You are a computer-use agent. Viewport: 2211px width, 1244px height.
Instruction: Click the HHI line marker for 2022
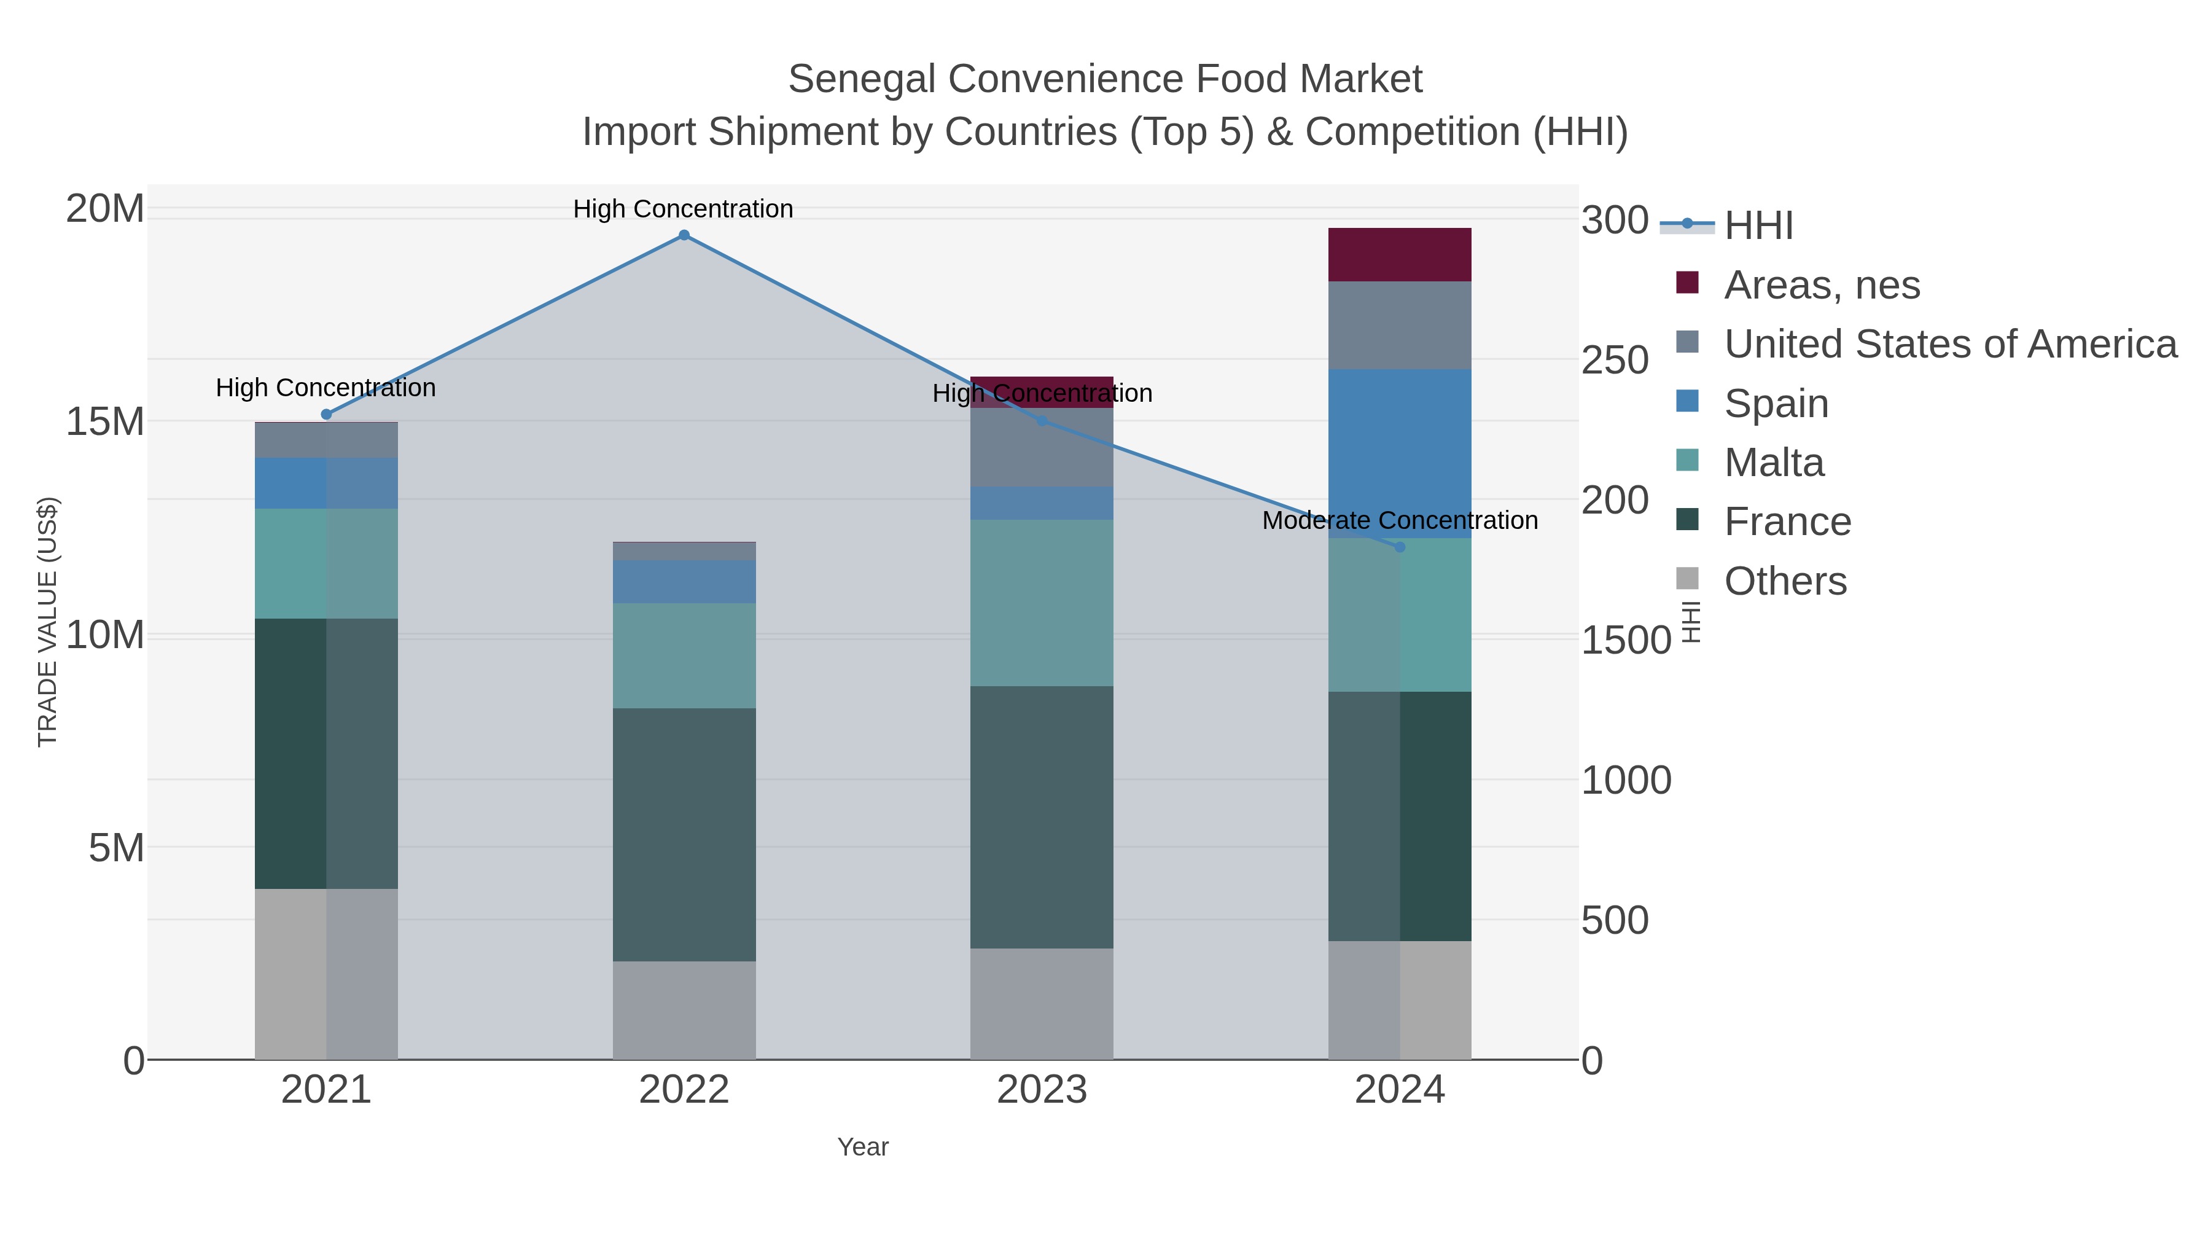click(684, 235)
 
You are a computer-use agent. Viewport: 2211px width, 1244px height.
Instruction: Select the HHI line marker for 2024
click(1400, 547)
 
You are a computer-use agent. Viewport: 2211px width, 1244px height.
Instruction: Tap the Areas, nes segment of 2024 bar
click(1400, 255)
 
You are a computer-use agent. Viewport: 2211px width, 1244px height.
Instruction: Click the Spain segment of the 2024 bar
click(1400, 453)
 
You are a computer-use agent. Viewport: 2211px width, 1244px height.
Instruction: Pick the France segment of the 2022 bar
click(684, 834)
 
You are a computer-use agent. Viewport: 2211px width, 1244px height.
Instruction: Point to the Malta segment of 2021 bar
click(326, 563)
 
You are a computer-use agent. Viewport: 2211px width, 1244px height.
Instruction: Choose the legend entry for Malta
click(1773, 463)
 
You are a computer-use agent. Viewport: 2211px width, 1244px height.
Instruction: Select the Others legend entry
click(1784, 581)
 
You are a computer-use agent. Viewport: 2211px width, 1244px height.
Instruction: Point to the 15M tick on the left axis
click(104, 421)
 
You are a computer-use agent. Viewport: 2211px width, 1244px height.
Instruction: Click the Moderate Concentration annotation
click(1399, 520)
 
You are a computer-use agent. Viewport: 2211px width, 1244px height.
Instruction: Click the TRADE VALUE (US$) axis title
click(48, 622)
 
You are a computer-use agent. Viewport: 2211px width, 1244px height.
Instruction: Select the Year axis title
click(863, 1147)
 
